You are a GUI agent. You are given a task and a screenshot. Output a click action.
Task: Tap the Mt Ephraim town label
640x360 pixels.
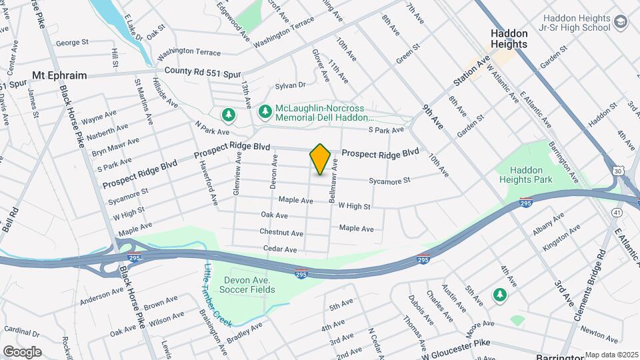tap(59, 75)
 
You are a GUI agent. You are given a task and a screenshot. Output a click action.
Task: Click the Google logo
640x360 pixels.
tap(21, 352)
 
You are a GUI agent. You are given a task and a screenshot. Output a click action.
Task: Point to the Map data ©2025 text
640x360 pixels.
tap(611, 355)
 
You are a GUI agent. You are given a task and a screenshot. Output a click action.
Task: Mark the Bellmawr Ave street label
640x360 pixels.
tap(333, 180)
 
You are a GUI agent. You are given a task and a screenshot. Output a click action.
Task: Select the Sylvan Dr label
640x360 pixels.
tap(290, 86)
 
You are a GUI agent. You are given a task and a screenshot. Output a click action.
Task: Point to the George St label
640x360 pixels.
tap(72, 43)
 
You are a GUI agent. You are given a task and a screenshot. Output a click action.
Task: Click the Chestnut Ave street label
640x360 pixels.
tap(281, 233)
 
